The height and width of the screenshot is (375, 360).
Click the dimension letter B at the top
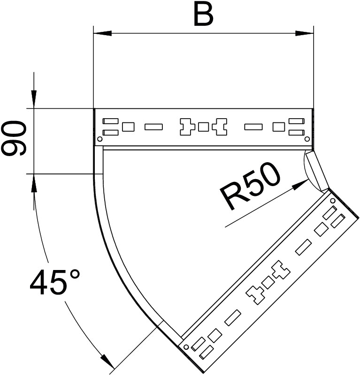coord(203,15)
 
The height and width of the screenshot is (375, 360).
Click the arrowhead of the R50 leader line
coord(299,184)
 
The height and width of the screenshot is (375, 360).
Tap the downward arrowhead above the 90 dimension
coord(34,99)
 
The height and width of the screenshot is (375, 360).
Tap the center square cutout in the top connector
coord(203,127)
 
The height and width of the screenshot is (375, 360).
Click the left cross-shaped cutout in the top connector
coord(186,127)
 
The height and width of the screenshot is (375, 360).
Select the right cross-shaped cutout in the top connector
coord(220,127)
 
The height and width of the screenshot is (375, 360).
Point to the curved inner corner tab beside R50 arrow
coord(314,170)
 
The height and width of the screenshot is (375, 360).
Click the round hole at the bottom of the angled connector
coord(186,347)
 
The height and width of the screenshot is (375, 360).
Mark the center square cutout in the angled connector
coord(268,282)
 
